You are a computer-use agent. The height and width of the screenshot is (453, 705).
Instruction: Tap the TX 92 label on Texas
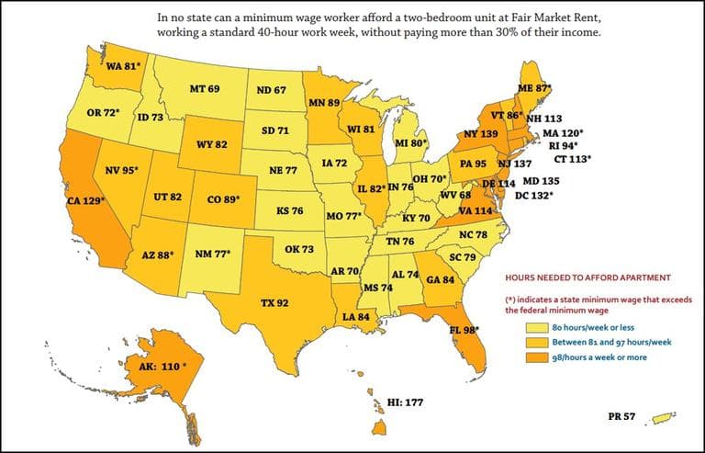point(274,302)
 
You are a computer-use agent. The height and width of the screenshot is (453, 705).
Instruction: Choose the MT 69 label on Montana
point(204,88)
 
